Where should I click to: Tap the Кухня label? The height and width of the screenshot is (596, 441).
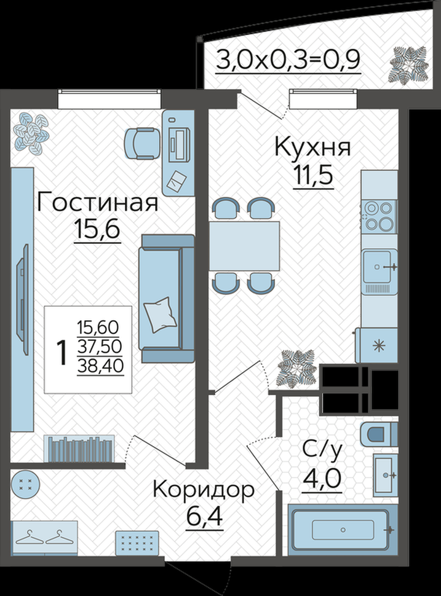[312, 147]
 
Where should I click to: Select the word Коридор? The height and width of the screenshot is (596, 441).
[204, 490]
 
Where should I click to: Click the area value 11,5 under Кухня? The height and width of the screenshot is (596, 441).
[313, 175]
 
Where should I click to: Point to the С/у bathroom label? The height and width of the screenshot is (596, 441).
[322, 451]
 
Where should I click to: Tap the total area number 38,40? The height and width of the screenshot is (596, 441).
[100, 366]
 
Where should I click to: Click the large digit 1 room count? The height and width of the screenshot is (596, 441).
[62, 352]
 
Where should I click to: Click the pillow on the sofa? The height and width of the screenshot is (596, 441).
[160, 315]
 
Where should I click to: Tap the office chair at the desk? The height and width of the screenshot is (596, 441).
[141, 143]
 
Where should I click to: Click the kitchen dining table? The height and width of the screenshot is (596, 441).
[244, 246]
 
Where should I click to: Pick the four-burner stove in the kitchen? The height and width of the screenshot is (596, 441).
[378, 216]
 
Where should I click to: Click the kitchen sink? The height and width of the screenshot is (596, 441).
[379, 267]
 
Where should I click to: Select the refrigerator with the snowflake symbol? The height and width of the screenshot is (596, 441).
[377, 345]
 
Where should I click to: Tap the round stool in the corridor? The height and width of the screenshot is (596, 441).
[25, 484]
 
